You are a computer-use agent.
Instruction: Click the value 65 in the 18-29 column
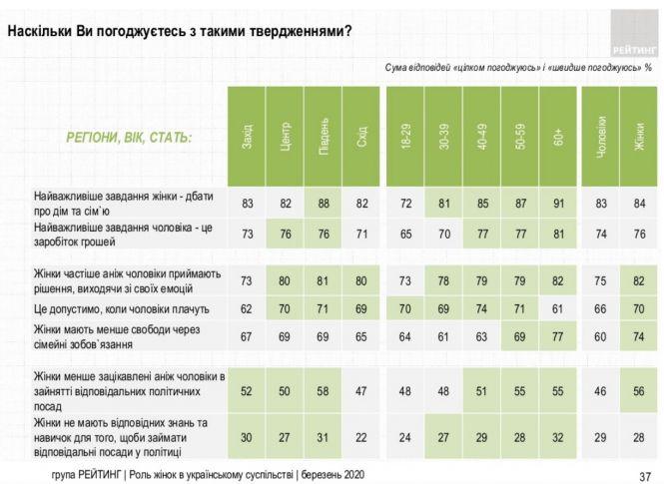point(404,236)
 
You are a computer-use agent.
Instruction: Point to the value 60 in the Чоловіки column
point(600,336)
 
